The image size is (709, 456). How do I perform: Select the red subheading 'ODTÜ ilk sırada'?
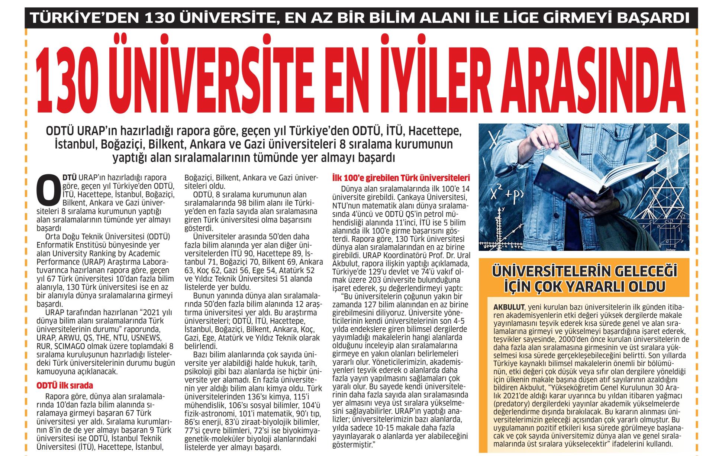tap(64, 386)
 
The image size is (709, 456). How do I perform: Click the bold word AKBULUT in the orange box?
tap(508, 307)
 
